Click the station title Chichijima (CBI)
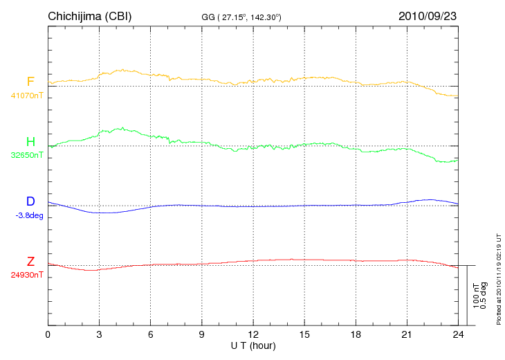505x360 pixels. [89, 16]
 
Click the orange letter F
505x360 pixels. [30, 82]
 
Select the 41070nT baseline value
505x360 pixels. [27, 96]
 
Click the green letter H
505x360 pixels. [30, 142]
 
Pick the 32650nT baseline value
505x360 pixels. [27, 155]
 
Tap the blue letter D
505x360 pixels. [30, 201]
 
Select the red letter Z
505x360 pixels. [30, 262]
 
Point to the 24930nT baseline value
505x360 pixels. [27, 275]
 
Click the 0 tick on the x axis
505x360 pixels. [48, 334]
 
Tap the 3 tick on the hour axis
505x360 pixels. [99, 334]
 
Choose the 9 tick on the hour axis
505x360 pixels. [202, 334]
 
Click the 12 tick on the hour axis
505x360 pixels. [253, 334]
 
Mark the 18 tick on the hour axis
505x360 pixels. [356, 334]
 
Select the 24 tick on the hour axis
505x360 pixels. [458, 334]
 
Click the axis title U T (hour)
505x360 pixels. [253, 345]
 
